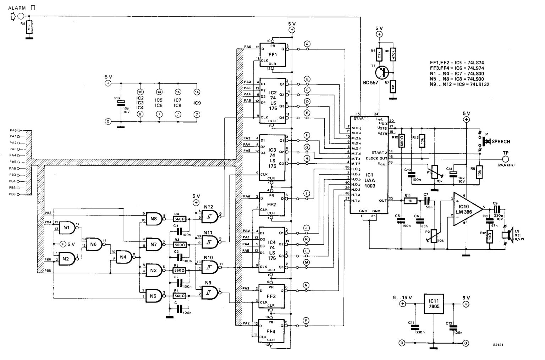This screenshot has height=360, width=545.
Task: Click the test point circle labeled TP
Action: (x=505, y=158)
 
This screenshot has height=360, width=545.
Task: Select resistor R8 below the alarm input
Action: (x=29, y=27)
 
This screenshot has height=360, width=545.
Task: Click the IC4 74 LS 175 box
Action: (x=272, y=250)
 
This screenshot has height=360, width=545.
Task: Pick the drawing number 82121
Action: (x=498, y=345)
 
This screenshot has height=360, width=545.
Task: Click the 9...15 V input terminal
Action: (x=402, y=304)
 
